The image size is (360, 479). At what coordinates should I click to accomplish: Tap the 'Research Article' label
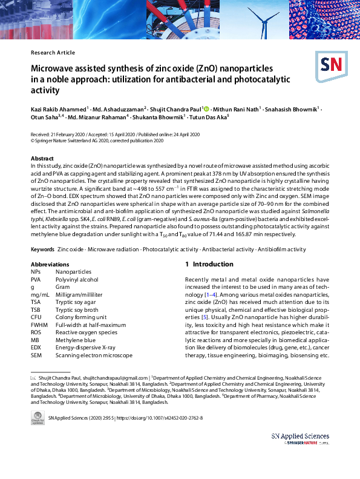click(x=53, y=53)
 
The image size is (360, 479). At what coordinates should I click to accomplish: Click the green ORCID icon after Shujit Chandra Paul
click(x=206, y=108)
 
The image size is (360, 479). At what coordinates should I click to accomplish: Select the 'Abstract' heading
click(x=43, y=158)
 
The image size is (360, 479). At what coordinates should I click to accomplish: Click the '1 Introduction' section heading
click(x=209, y=264)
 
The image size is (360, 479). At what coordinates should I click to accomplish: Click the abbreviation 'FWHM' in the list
click(x=40, y=325)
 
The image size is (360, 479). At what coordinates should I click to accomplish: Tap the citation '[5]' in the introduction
click(x=205, y=317)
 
